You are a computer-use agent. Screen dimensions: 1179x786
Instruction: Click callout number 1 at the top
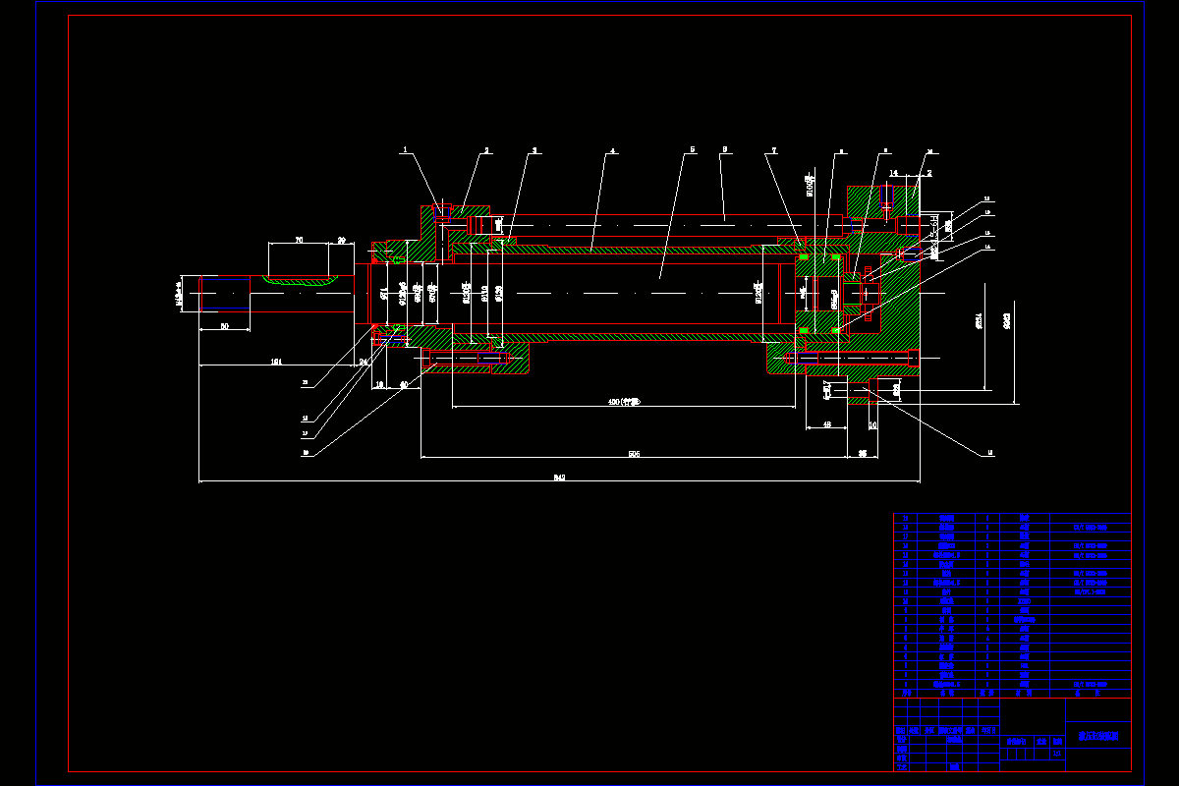click(x=404, y=150)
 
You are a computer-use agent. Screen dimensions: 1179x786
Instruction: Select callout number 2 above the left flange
click(x=485, y=150)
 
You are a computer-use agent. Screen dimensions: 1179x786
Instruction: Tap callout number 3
click(x=534, y=150)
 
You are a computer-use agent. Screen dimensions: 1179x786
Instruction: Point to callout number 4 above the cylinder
click(x=612, y=150)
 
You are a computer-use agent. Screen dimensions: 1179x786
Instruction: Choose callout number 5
click(x=692, y=150)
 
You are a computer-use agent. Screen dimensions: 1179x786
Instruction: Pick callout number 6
click(x=723, y=150)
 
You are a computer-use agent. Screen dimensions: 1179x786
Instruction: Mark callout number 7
click(x=773, y=150)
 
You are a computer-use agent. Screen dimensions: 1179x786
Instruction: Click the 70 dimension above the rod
click(x=298, y=240)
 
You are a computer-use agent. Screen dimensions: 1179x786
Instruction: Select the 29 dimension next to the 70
click(x=341, y=240)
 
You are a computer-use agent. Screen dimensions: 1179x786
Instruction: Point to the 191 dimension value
click(x=277, y=363)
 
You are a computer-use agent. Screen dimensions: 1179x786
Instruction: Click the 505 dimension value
click(x=634, y=453)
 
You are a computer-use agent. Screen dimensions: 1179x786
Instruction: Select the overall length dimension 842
click(x=559, y=477)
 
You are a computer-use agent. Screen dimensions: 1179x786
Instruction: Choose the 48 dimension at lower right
click(x=826, y=424)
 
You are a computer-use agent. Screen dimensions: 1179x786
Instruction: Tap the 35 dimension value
click(x=862, y=453)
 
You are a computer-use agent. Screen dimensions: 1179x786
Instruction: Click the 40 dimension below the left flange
click(x=403, y=385)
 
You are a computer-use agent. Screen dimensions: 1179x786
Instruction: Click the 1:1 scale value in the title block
click(x=1057, y=755)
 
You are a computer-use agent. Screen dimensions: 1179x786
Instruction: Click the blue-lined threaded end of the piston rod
click(x=224, y=292)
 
